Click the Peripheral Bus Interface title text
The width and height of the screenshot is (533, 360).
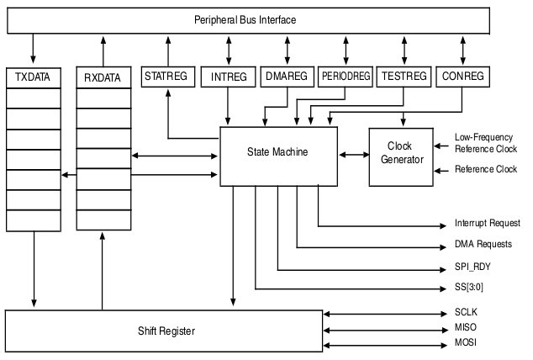click(245, 19)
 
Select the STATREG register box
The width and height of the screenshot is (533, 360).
click(168, 77)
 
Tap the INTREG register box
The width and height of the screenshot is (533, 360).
click(228, 77)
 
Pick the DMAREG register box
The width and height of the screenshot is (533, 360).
click(288, 77)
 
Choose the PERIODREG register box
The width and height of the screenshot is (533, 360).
click(346, 77)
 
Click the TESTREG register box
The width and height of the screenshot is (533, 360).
click(404, 77)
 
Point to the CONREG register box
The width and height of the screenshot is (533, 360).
click(463, 77)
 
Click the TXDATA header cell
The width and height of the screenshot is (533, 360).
click(34, 78)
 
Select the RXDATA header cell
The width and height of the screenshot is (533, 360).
click(103, 77)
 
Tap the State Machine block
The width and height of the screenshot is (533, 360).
click(279, 156)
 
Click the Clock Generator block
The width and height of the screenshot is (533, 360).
click(401, 157)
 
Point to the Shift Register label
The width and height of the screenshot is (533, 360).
click(166, 331)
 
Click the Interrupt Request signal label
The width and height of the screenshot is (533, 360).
click(488, 223)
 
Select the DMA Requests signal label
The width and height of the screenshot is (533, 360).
click(483, 244)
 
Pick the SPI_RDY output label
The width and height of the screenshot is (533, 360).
click(472, 267)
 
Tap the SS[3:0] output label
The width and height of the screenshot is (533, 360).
click(469, 288)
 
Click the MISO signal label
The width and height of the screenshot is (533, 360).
click(466, 327)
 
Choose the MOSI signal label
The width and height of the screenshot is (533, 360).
click(466, 342)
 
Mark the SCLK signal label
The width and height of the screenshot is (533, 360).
click(466, 312)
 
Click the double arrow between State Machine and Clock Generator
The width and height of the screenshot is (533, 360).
click(354, 155)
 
